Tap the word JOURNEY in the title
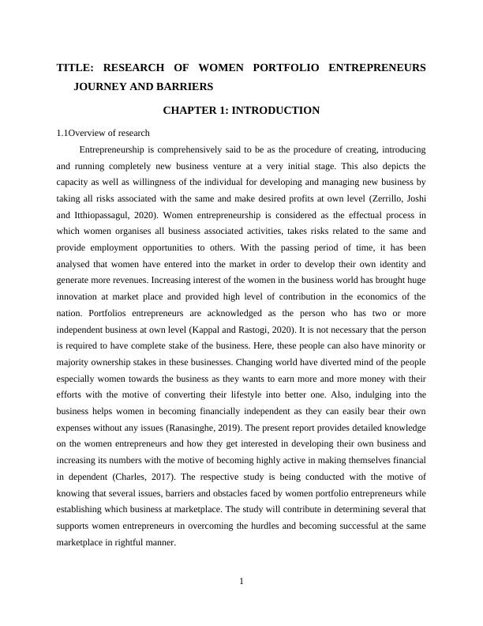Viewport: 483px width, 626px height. (x=99, y=86)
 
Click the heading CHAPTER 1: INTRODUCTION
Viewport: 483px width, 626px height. (x=241, y=111)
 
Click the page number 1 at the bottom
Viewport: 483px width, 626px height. (x=241, y=583)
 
